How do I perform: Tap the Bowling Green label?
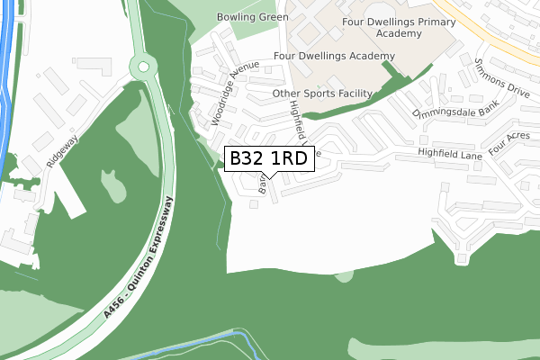253,17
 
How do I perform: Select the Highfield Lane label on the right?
450,156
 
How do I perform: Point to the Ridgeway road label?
64,149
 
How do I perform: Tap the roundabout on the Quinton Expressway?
142,66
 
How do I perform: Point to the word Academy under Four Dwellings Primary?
400,33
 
